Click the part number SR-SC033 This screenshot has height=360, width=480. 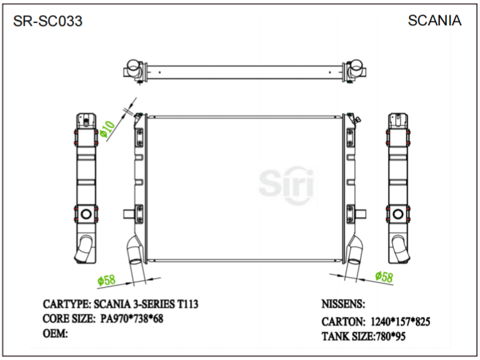[x=48, y=22]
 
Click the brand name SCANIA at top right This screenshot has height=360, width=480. [x=434, y=21]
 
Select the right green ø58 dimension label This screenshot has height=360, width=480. [x=384, y=276]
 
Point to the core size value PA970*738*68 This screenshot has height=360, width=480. [x=132, y=319]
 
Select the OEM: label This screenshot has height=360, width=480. [x=55, y=333]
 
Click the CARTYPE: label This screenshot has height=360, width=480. [x=67, y=304]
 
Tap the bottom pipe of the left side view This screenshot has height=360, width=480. [x=84, y=250]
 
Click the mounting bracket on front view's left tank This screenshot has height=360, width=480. [x=129, y=214]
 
